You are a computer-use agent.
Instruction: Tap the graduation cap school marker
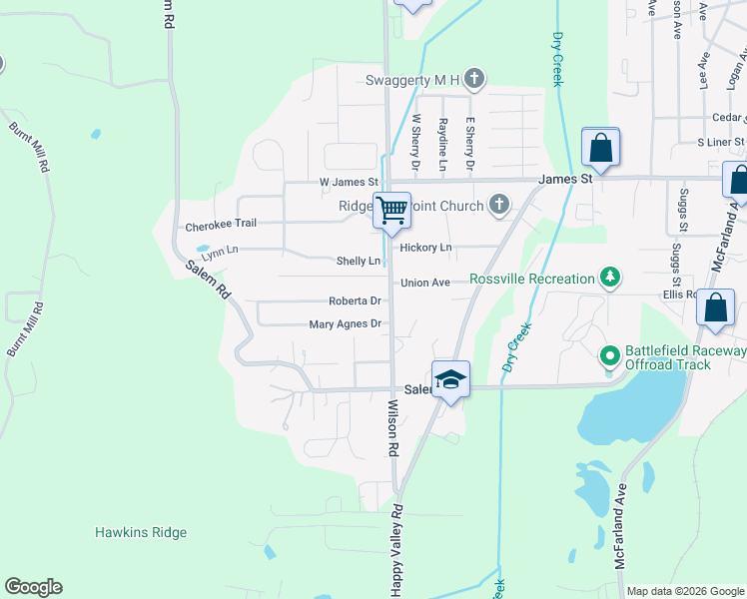pyautogui.click(x=450, y=379)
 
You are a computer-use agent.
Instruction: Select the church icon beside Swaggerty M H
pyautogui.click(x=475, y=79)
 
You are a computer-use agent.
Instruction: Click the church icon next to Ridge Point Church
pyautogui.click(x=499, y=206)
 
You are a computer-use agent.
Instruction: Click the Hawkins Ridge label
pyautogui.click(x=141, y=532)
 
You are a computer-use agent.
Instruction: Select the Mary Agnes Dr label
pyautogui.click(x=346, y=323)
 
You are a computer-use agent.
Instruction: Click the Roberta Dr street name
pyautogui.click(x=356, y=300)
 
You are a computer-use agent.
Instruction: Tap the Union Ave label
pyautogui.click(x=425, y=284)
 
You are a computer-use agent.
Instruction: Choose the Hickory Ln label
pyautogui.click(x=425, y=248)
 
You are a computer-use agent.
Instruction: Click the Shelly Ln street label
pyautogui.click(x=359, y=261)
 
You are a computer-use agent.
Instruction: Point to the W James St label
pyautogui.click(x=349, y=183)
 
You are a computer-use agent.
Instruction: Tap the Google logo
pyautogui.click(x=33, y=587)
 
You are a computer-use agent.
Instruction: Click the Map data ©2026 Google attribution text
pyautogui.click(x=685, y=591)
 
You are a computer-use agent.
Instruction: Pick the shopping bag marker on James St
pyautogui.click(x=601, y=148)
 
